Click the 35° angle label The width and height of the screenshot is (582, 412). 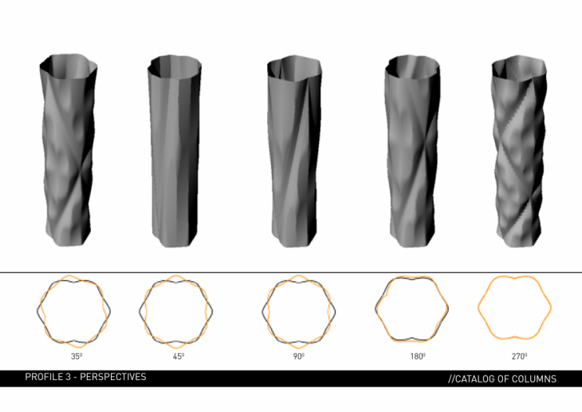[77, 356]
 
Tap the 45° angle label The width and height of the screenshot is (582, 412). [179, 356]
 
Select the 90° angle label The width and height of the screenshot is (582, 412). [299, 356]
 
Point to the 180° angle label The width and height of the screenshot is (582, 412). [418, 356]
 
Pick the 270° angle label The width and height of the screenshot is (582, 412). [519, 356]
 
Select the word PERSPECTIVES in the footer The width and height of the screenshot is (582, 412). [113, 377]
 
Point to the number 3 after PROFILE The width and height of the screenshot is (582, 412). [68, 377]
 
